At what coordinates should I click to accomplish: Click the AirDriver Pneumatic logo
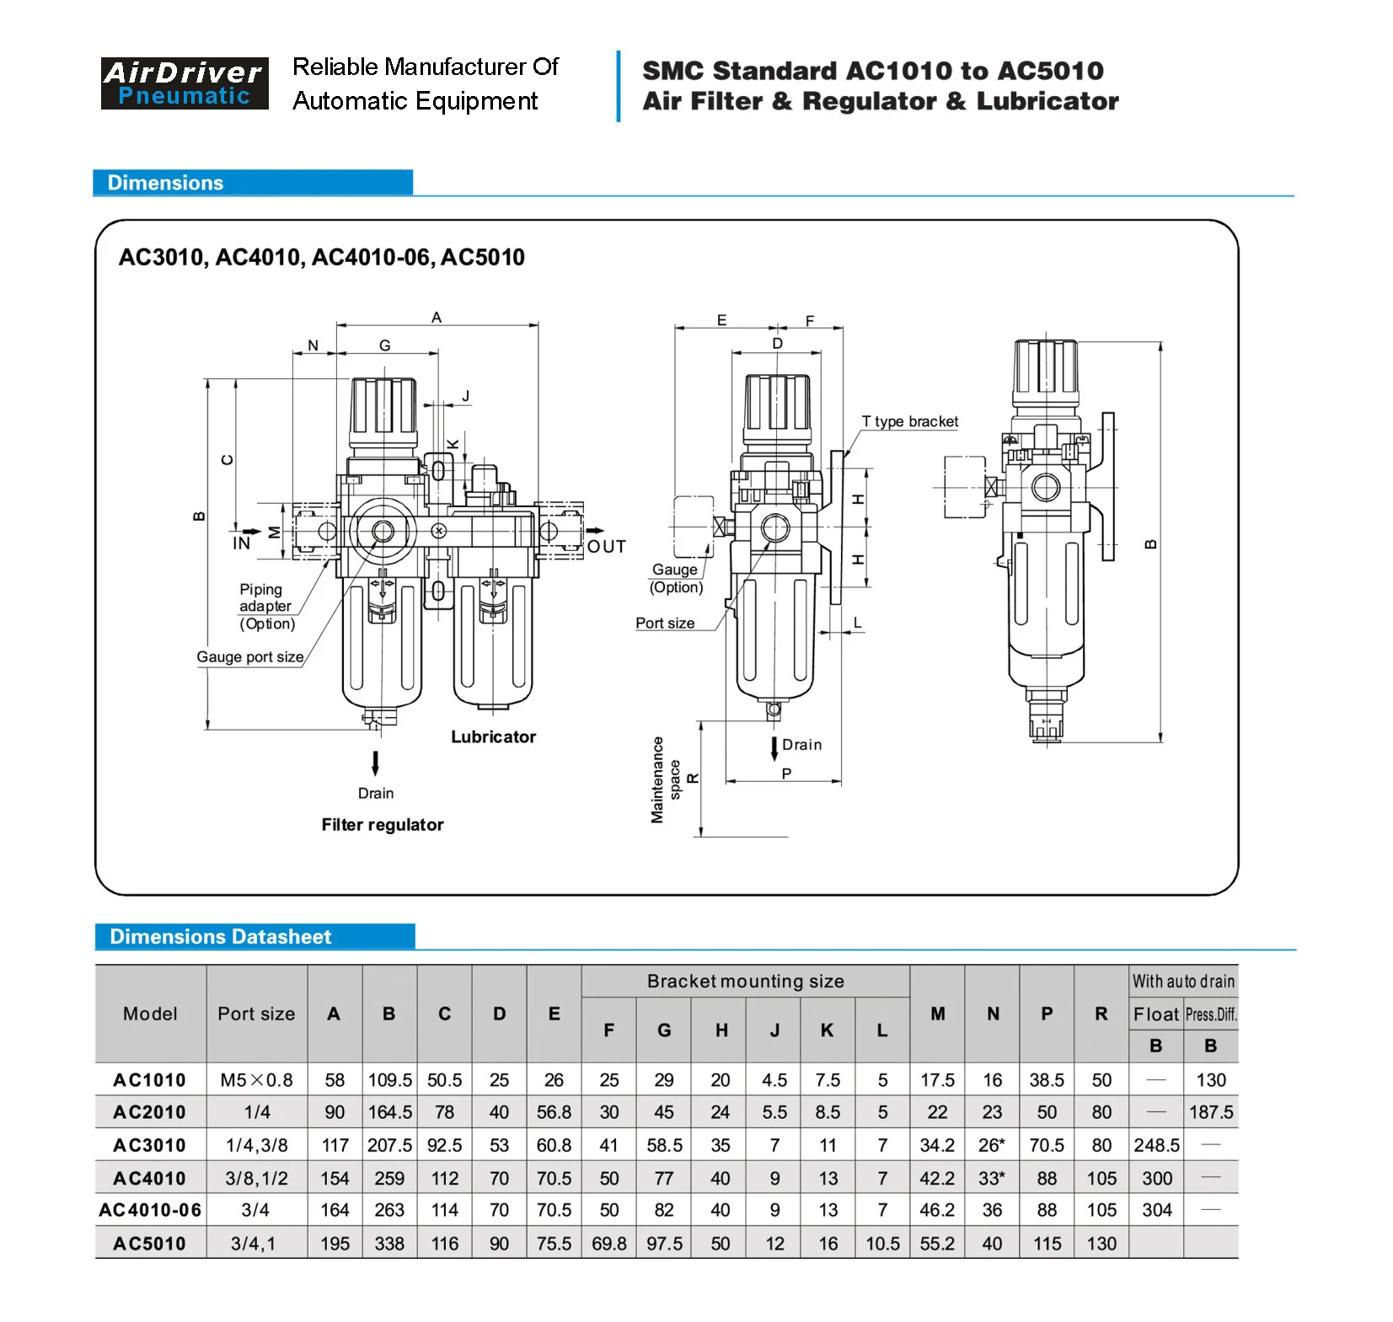[x=184, y=83]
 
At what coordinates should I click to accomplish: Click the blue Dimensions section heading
[x=166, y=183]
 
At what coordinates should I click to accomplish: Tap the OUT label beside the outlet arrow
[x=607, y=547]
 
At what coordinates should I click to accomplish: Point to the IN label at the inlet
[x=241, y=543]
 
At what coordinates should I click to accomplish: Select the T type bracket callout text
[x=909, y=421]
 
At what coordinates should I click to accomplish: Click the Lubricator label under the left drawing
[x=493, y=737]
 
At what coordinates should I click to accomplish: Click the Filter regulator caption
[x=382, y=825]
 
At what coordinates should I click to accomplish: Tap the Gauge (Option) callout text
[x=676, y=579]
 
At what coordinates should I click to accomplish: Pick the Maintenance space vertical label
[x=665, y=780]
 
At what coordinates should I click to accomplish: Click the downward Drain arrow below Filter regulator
[x=375, y=763]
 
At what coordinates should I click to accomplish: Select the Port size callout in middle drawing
[x=665, y=624]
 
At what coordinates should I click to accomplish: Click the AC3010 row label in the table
[x=149, y=1145]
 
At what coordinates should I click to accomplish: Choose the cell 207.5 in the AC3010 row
[x=389, y=1145]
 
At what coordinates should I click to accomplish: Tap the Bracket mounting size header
[x=745, y=982]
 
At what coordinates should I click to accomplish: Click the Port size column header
[x=256, y=1014]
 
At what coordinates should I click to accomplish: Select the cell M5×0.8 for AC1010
[x=256, y=1080]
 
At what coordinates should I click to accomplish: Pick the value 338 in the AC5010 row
[x=389, y=1244]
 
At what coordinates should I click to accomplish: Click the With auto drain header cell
[x=1182, y=982]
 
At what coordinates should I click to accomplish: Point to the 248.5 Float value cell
[x=1156, y=1145]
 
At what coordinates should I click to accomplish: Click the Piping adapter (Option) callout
[x=266, y=607]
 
